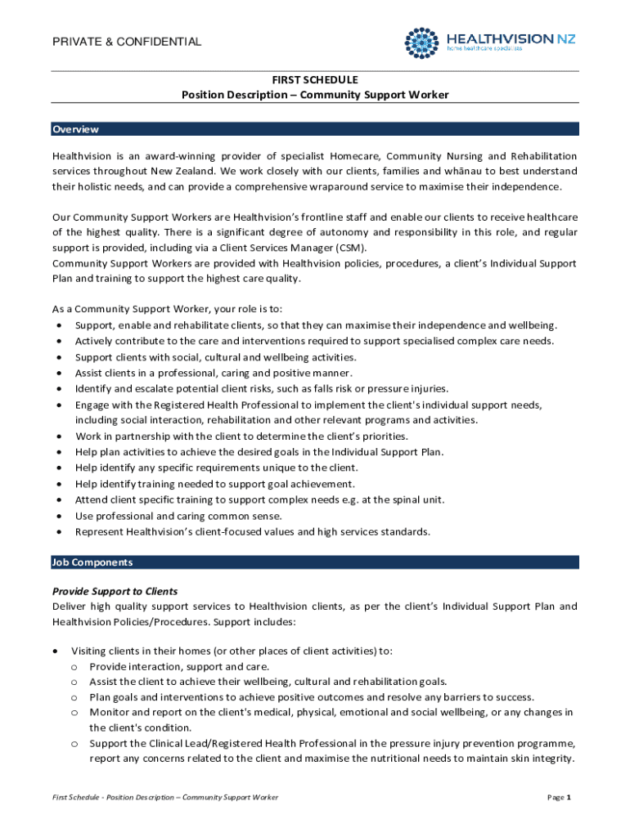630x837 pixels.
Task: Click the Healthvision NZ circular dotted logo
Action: pos(423,43)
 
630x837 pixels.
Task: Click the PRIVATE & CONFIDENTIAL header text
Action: pos(127,42)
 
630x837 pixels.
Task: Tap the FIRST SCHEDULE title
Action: pos(315,79)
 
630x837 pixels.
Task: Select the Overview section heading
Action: pos(75,129)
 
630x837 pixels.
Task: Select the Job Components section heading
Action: pos(92,562)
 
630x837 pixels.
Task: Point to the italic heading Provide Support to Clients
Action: pos(115,591)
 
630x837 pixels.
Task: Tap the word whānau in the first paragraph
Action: pos(443,171)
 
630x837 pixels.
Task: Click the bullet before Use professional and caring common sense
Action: pos(60,516)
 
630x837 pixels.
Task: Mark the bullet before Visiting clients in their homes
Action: pos(55,651)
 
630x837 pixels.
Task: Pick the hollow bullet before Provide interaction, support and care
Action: pos(74,667)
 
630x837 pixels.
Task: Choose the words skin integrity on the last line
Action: pos(547,758)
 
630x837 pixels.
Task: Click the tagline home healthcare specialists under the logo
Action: pos(484,49)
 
